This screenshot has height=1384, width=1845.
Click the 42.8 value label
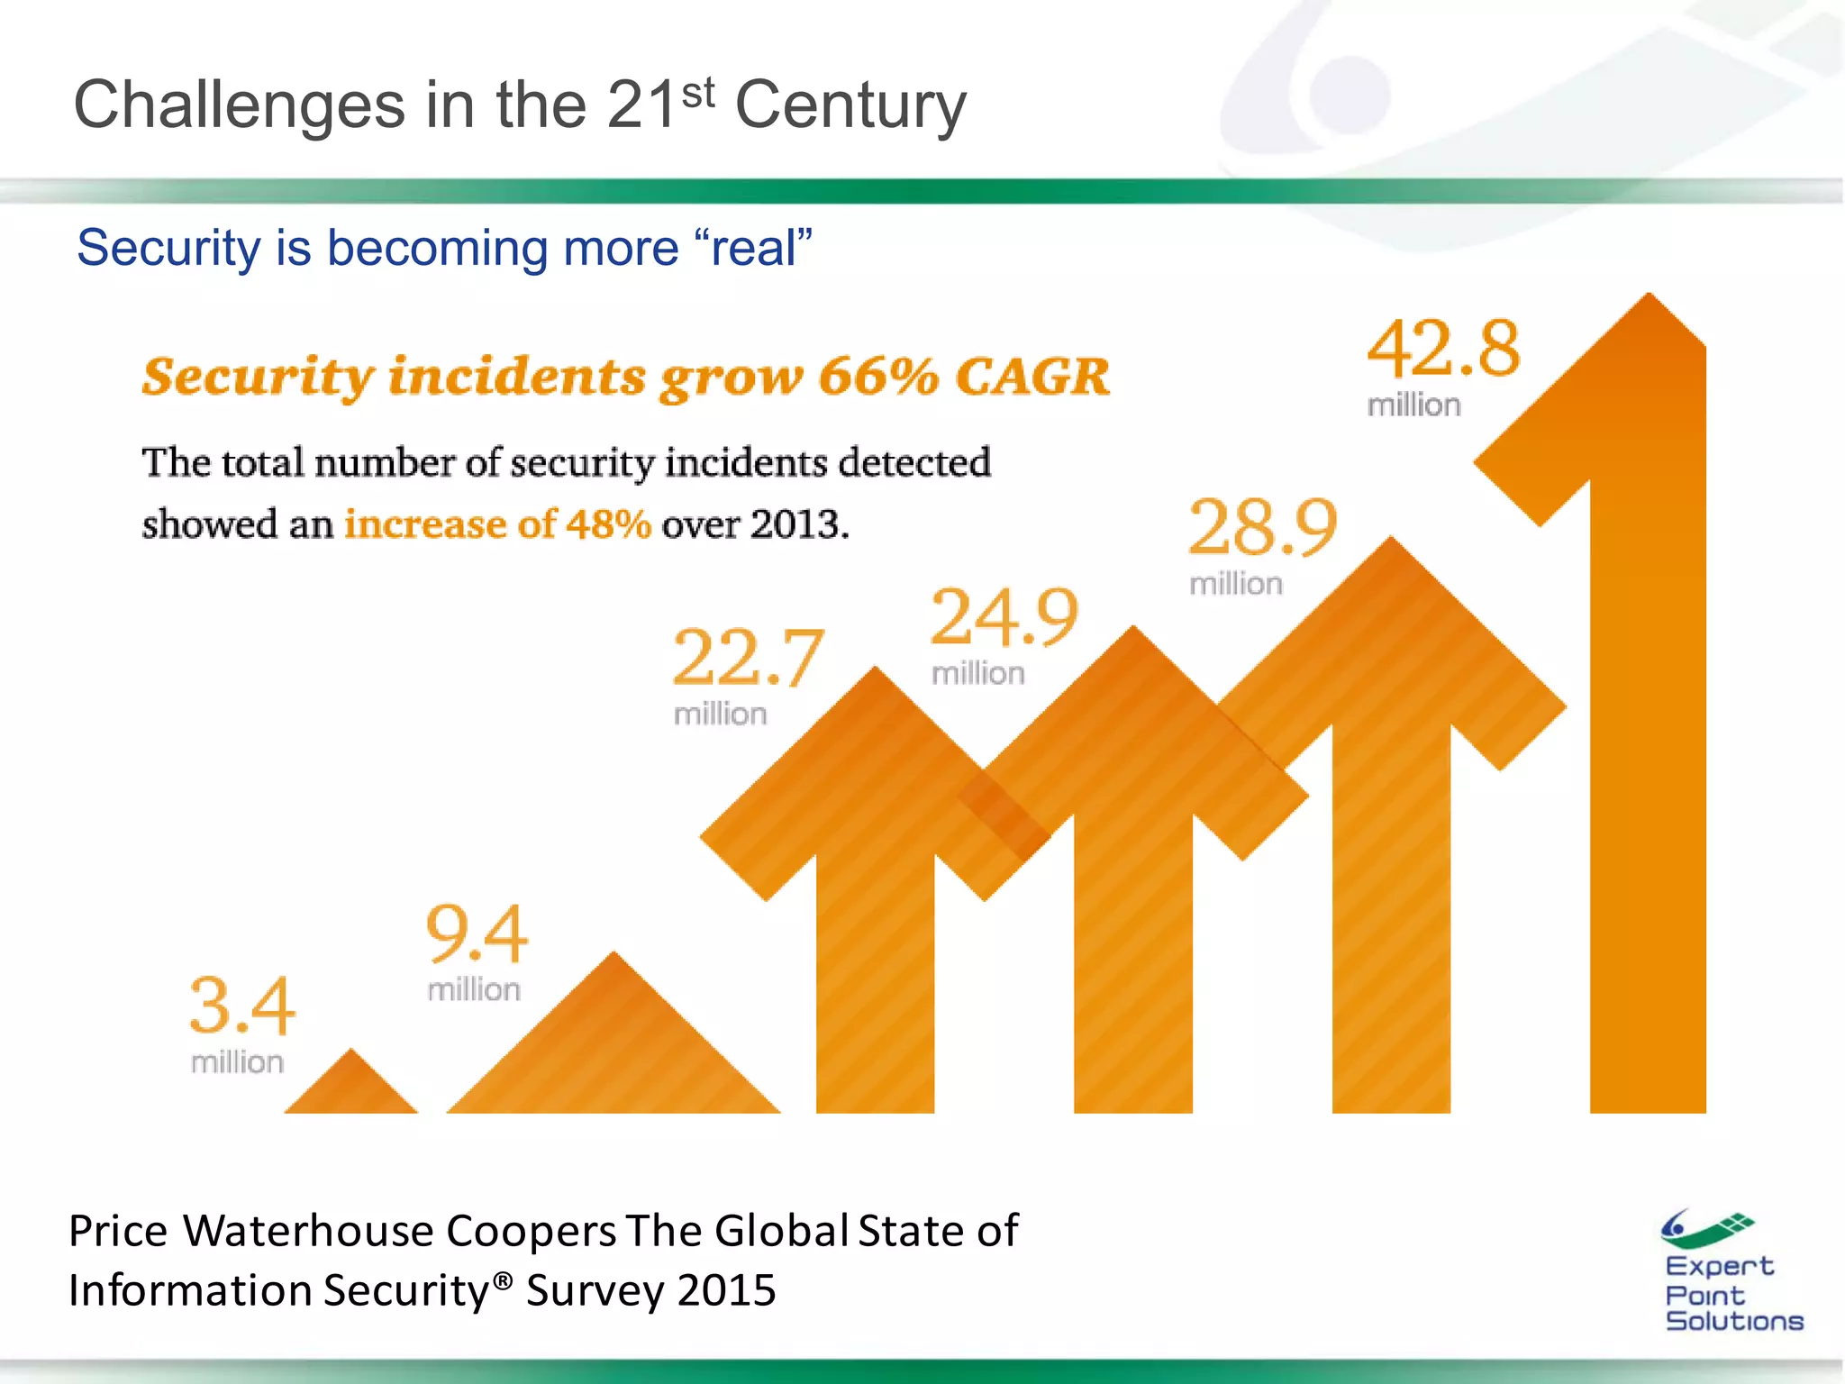coord(1443,350)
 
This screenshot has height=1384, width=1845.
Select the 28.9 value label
coord(1263,528)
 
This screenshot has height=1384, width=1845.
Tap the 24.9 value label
coord(1004,618)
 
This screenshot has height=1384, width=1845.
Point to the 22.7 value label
coord(747,659)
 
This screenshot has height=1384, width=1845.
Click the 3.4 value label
coord(241,1006)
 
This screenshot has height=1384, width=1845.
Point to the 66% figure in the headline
coord(878,377)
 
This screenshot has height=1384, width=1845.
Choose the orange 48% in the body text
coord(608,524)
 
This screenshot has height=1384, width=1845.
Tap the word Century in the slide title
coord(850,105)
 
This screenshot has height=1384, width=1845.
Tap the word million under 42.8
coord(1413,405)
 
